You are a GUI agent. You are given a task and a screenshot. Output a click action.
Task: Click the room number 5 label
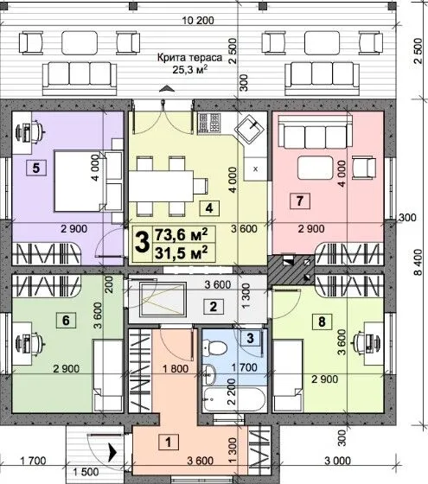(x=36, y=169)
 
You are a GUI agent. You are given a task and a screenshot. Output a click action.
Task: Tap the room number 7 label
(x=299, y=201)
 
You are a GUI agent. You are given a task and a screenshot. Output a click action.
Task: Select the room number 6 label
(x=66, y=320)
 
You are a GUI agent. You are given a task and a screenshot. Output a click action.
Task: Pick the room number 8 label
(x=322, y=322)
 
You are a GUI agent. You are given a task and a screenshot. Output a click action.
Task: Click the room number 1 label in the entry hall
(x=169, y=442)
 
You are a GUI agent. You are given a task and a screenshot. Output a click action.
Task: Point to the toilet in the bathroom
(x=215, y=347)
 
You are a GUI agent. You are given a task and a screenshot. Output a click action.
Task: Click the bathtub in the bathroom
(x=234, y=398)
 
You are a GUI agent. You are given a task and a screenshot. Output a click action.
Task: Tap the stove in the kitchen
(x=209, y=123)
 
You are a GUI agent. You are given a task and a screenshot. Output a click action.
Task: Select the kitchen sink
(x=250, y=130)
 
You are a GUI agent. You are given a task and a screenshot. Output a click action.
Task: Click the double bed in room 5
(x=88, y=181)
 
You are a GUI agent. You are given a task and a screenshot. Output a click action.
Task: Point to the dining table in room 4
(x=161, y=187)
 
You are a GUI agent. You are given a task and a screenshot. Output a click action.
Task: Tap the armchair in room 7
(x=364, y=168)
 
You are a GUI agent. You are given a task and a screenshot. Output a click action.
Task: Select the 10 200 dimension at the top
(x=198, y=21)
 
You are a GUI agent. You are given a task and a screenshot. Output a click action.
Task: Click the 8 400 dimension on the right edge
(x=418, y=262)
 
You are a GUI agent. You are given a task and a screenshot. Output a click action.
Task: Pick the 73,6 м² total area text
(x=181, y=234)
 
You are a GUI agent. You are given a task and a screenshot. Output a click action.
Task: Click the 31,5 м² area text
(x=181, y=252)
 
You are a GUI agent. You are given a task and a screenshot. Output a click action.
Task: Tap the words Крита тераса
(x=189, y=57)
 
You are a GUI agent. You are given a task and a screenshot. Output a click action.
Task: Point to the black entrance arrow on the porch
(x=112, y=453)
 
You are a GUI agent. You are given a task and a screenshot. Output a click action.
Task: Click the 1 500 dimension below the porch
(x=86, y=472)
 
